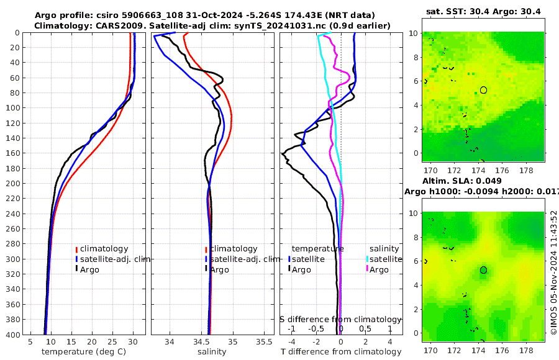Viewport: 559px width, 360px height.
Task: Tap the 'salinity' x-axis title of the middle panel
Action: click(211, 352)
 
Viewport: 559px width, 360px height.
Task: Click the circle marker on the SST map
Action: click(483, 90)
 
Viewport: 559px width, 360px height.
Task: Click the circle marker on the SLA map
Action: click(483, 270)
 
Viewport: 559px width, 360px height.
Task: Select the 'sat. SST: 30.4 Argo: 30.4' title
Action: click(483, 11)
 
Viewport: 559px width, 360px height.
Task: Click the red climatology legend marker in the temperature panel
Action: click(76, 249)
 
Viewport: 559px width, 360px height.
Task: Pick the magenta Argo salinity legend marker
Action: click(366, 269)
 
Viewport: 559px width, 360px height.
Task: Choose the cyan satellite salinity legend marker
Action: click(366, 259)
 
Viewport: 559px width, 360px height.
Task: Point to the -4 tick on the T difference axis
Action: click(291, 341)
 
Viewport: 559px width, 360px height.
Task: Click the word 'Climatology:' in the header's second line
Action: click(61, 25)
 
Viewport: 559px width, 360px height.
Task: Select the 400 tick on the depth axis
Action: click(13, 334)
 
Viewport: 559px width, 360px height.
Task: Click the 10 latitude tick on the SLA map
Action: click(416, 212)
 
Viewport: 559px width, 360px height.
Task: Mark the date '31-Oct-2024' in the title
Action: click(200, 15)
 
